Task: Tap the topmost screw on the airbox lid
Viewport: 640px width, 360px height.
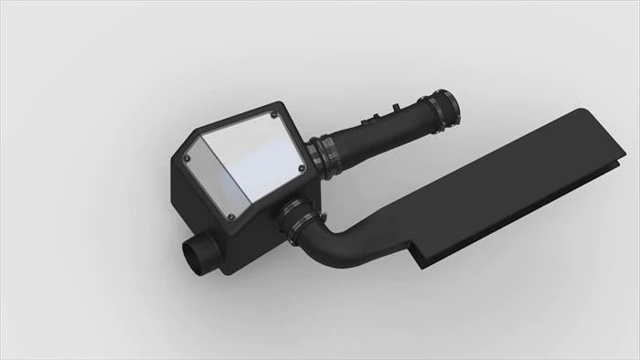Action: click(x=275, y=115)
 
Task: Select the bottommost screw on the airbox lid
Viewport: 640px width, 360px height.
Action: click(x=230, y=217)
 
